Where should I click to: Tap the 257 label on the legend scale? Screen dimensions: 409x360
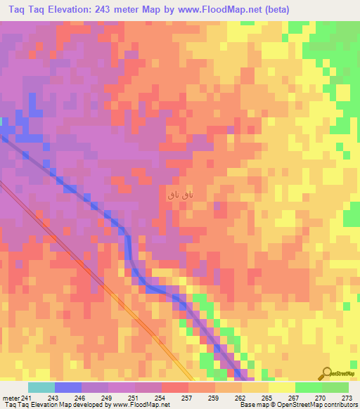pyautogui.click(x=186, y=398)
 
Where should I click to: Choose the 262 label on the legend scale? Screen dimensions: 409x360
pyautogui.click(x=239, y=398)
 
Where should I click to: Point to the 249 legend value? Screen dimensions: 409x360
pyautogui.click(x=108, y=398)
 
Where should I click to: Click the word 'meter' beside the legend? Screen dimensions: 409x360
pyautogui.click(x=11, y=398)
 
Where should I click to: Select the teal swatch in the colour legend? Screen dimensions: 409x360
pyautogui.click(x=41, y=387)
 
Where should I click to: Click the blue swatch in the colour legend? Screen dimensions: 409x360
pyautogui.click(x=67, y=387)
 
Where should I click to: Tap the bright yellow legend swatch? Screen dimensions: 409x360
pyautogui.click(x=281, y=387)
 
